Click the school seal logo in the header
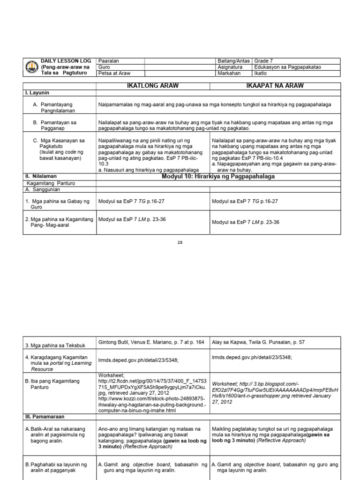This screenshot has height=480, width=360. pos(31,67)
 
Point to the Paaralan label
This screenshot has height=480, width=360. pos(108,61)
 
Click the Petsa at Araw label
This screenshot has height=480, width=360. pos(114,73)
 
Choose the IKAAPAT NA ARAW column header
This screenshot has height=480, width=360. pos(274,86)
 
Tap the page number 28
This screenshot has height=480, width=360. pos(180,242)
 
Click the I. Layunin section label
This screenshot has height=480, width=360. pos(37,93)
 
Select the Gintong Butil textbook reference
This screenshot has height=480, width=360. pos(151,342)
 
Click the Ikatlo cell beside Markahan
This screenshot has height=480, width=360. pos(260,73)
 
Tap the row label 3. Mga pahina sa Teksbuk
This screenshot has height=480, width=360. pos(53,346)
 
